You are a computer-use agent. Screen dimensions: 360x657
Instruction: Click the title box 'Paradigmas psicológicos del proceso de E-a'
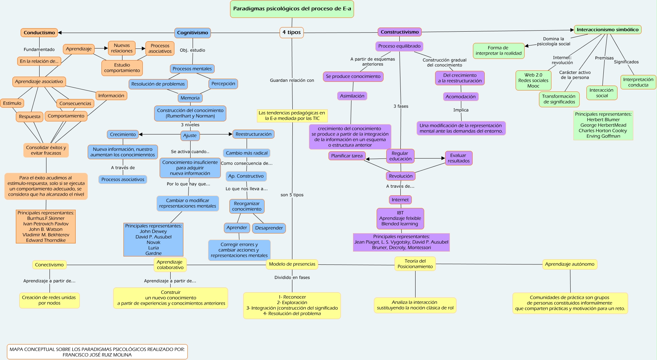click(x=292, y=9)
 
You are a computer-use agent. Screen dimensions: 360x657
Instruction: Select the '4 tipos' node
click(x=291, y=32)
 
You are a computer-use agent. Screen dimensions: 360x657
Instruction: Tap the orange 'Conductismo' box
click(x=39, y=33)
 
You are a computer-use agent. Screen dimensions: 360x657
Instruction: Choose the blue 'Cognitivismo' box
click(x=192, y=33)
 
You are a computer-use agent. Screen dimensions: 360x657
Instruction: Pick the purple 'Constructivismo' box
click(x=399, y=32)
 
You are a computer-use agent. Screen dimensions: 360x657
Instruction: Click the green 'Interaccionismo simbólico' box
click(x=607, y=30)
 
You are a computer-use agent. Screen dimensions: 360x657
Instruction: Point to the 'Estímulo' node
click(x=12, y=103)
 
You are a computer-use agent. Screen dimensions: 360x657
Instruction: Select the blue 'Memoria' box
click(x=190, y=98)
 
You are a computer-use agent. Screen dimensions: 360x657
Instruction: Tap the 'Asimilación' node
click(x=352, y=96)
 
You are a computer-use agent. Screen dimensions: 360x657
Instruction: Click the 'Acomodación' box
click(x=461, y=97)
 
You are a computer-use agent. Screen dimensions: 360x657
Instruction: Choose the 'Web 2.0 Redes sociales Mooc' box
click(x=533, y=80)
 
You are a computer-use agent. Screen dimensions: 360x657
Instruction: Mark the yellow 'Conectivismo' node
click(x=49, y=265)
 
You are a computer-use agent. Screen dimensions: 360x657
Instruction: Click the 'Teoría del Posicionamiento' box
click(x=415, y=264)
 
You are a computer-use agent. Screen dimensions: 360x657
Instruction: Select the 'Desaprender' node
click(x=269, y=228)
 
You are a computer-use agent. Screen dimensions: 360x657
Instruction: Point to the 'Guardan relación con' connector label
click(x=292, y=80)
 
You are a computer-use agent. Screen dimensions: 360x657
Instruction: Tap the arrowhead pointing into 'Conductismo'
click(x=60, y=33)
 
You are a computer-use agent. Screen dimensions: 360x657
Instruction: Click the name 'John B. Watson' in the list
click(x=45, y=229)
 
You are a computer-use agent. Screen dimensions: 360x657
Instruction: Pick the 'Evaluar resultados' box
click(x=458, y=158)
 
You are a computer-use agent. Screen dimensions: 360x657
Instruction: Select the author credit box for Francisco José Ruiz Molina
click(x=97, y=352)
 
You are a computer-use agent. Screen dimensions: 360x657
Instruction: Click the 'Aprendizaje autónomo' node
click(x=570, y=264)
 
